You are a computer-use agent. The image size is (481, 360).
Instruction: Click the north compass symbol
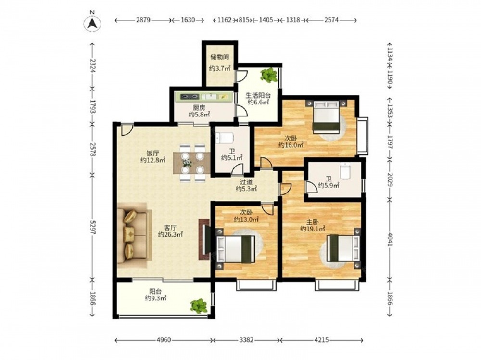[x=93, y=23]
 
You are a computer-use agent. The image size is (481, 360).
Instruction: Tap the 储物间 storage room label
[x=220, y=57]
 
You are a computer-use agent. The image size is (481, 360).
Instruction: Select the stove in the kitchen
[x=189, y=97]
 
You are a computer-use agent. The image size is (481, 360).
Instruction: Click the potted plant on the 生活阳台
[x=269, y=75]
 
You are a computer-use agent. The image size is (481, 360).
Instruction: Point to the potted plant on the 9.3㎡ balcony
[x=199, y=306]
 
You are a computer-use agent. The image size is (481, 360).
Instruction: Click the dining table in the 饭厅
[x=192, y=163]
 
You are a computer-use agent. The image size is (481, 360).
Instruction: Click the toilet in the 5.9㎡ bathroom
[x=345, y=171]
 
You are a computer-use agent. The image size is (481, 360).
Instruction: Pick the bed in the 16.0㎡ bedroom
[x=326, y=117]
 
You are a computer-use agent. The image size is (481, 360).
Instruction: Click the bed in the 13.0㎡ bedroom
[x=236, y=249]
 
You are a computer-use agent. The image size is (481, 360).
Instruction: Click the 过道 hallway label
[x=246, y=182]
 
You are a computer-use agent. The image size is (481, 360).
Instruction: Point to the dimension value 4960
[x=164, y=340]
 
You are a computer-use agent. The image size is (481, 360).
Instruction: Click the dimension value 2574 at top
[x=331, y=20]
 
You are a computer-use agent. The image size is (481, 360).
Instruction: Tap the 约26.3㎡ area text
[x=170, y=234]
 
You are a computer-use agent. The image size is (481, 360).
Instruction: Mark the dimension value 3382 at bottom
[x=246, y=340]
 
